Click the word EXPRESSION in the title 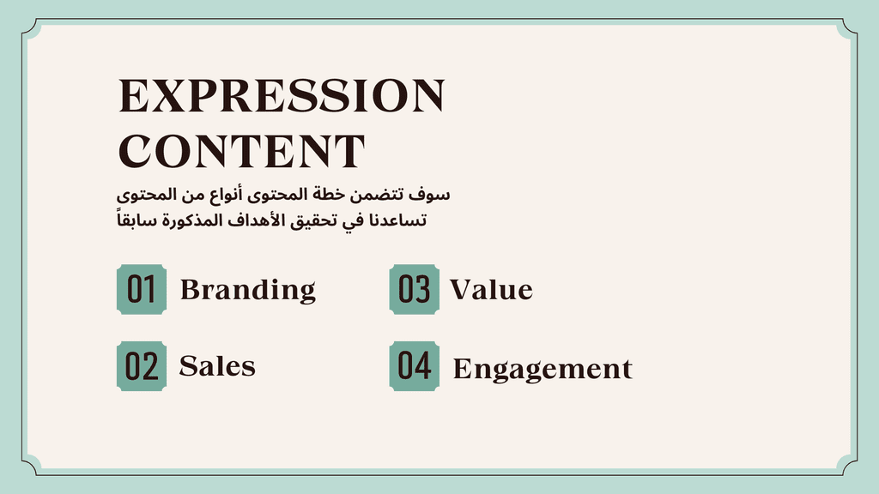[282, 96]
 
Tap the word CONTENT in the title [241, 151]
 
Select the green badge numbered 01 [142, 289]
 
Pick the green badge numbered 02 [142, 365]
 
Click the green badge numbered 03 [415, 289]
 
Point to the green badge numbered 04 [415, 365]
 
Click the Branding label [248, 290]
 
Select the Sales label [217, 366]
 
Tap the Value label [492, 290]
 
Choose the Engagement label [543, 370]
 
